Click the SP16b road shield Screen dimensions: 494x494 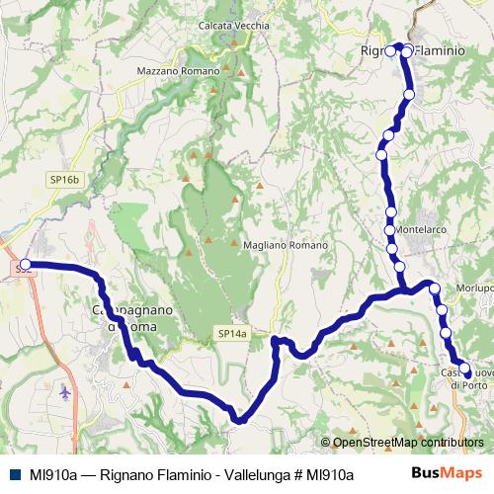tap(61, 180)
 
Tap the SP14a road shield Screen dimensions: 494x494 tap(231, 335)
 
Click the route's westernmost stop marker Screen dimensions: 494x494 tap(25, 265)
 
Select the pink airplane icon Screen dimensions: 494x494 tap(66, 392)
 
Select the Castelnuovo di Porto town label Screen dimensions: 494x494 tap(465, 378)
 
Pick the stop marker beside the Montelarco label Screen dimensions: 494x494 tap(390, 230)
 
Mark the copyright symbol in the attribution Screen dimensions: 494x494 tap(327, 444)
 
